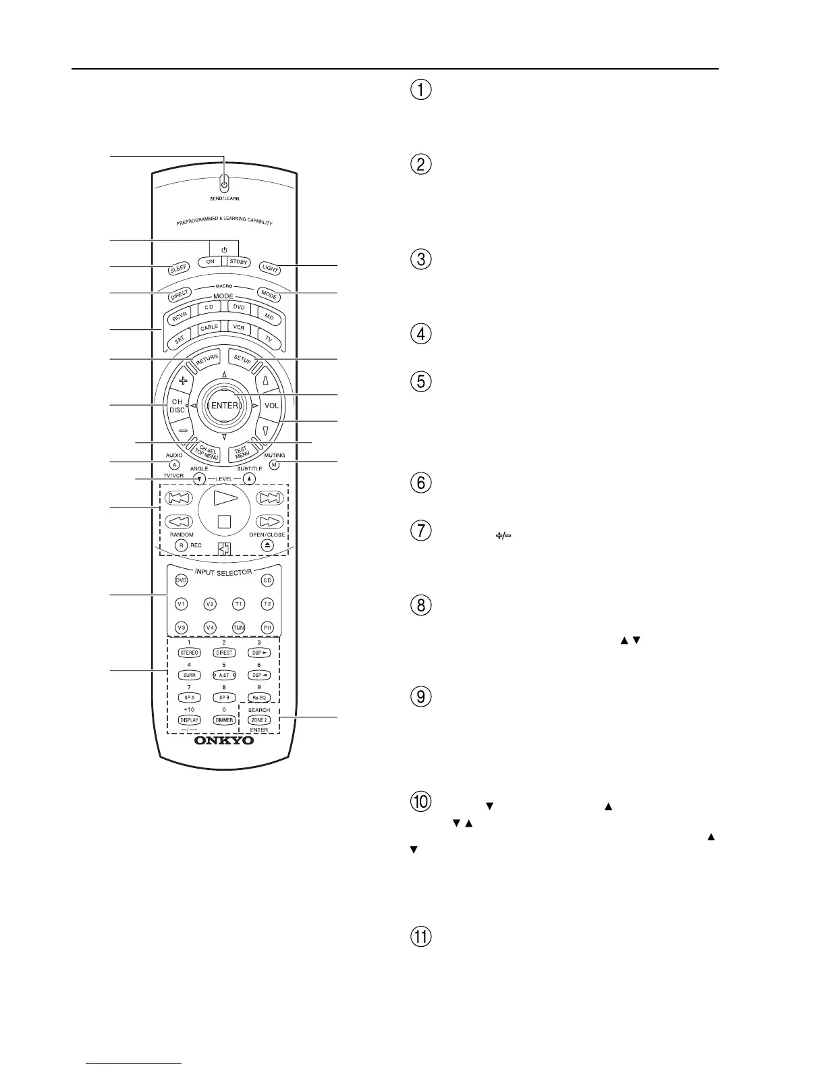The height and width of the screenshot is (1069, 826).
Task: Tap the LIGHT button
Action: [270, 269]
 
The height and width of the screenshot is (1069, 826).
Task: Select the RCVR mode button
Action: [180, 316]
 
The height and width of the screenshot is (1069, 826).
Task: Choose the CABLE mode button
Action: [210, 328]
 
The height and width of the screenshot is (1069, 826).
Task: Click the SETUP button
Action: [242, 358]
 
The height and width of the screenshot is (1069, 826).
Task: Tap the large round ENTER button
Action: [224, 406]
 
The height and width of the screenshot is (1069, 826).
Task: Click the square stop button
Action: [224, 521]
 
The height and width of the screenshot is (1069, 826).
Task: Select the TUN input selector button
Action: [238, 628]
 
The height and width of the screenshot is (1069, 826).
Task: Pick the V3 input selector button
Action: [181, 628]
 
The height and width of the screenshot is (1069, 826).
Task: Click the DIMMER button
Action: [224, 720]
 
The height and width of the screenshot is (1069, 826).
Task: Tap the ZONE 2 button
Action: [259, 720]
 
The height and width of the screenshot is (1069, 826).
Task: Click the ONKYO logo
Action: [224, 740]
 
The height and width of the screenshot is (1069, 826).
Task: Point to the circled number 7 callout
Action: [420, 530]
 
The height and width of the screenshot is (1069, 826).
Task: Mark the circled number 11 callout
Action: [420, 937]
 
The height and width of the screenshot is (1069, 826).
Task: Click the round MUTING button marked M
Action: [273, 464]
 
